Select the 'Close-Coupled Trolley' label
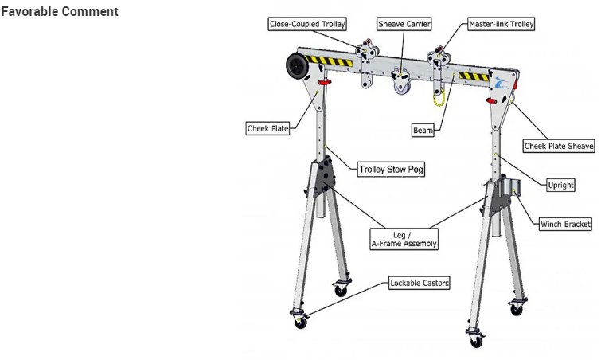click(306, 25)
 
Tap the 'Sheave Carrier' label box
click(404, 25)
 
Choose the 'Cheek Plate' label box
click(267, 127)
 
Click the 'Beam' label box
click(423, 130)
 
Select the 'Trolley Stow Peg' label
click(389, 170)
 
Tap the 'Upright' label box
click(560, 186)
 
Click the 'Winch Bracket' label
click(565, 225)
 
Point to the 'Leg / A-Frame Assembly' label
click(404, 239)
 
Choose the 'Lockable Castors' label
click(420, 283)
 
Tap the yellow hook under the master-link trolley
click(437, 97)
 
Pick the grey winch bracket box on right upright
click(509, 188)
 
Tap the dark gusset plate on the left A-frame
click(325, 178)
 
